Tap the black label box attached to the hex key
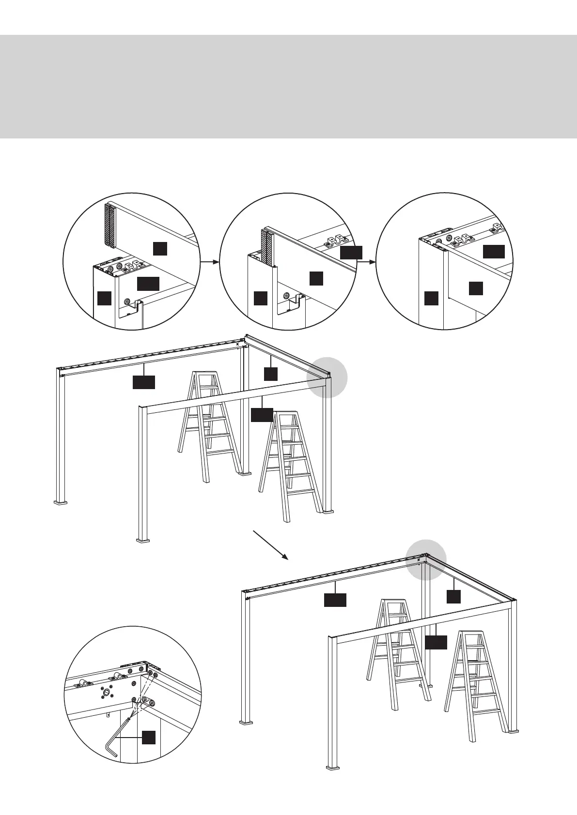coord(149,751)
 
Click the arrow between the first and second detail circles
coord(209,262)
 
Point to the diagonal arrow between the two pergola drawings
coord(271,545)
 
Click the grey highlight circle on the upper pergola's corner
coord(327,377)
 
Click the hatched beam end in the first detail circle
coord(109,226)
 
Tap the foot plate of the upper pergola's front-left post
coord(143,539)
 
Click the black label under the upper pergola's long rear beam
coord(144,382)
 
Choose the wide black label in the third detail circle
coord(494,252)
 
